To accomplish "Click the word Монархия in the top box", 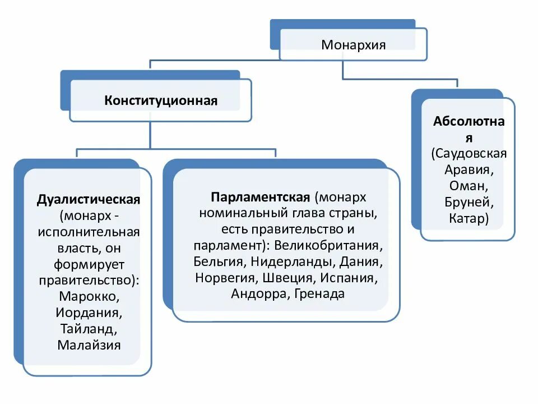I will [353, 44].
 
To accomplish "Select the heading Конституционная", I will [160, 101].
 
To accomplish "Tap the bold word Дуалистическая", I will [89, 200].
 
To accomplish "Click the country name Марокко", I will [89, 295].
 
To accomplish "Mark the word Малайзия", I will [89, 344].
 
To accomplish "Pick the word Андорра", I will [258, 294].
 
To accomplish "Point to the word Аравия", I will [469, 169].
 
